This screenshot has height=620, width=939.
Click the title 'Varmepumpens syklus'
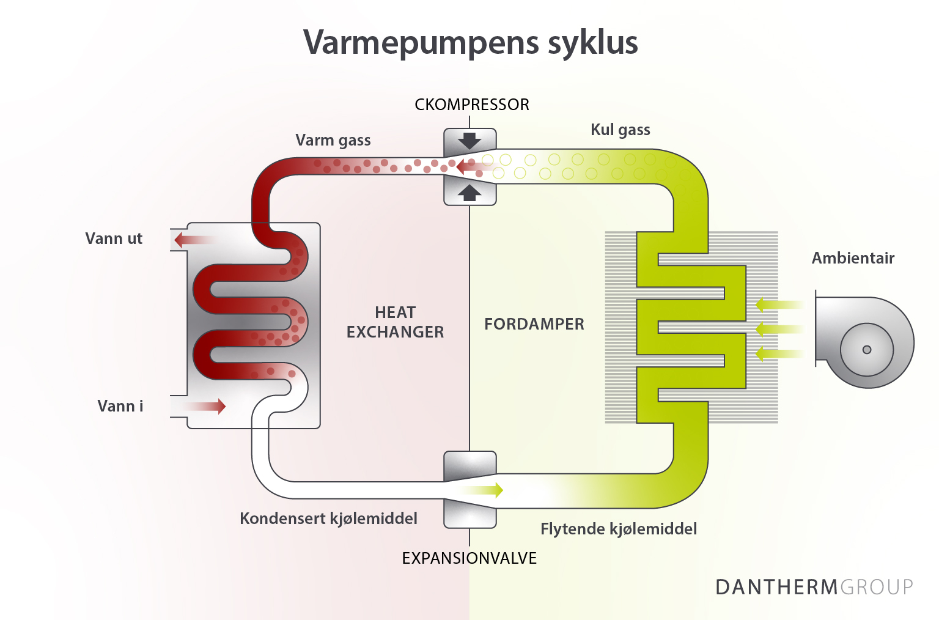470,43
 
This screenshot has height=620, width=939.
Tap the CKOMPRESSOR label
471,105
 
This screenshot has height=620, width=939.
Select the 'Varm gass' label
333,140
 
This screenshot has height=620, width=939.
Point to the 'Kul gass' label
620,130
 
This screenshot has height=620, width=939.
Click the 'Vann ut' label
114,238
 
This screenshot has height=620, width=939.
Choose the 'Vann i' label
120,406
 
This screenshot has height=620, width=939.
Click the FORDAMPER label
534,324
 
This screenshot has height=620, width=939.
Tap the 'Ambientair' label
853,258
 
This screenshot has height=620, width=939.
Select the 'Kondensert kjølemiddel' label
328,519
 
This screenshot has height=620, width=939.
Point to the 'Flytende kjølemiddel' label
618,529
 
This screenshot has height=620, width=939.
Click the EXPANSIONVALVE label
469,558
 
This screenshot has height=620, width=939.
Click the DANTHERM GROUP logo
814,587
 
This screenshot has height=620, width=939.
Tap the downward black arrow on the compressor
469,141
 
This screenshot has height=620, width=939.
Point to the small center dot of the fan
866,350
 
